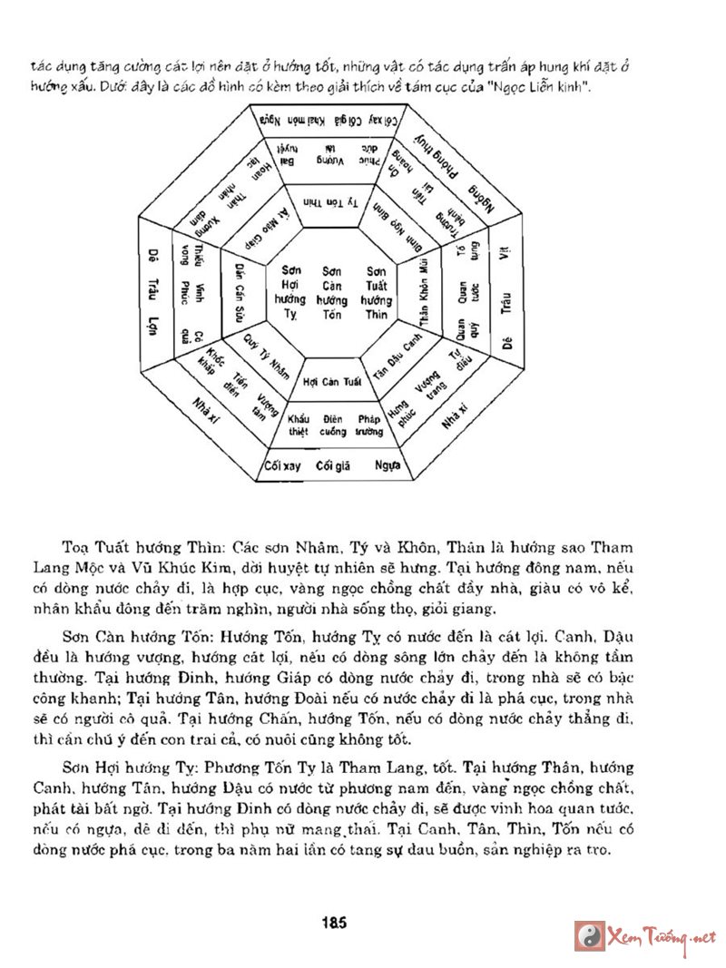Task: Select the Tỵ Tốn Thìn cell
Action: coord(330,201)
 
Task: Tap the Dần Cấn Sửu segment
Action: coord(240,291)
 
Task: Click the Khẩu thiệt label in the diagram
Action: coord(299,425)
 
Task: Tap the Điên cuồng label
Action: coord(332,425)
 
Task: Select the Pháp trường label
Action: coord(368,425)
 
